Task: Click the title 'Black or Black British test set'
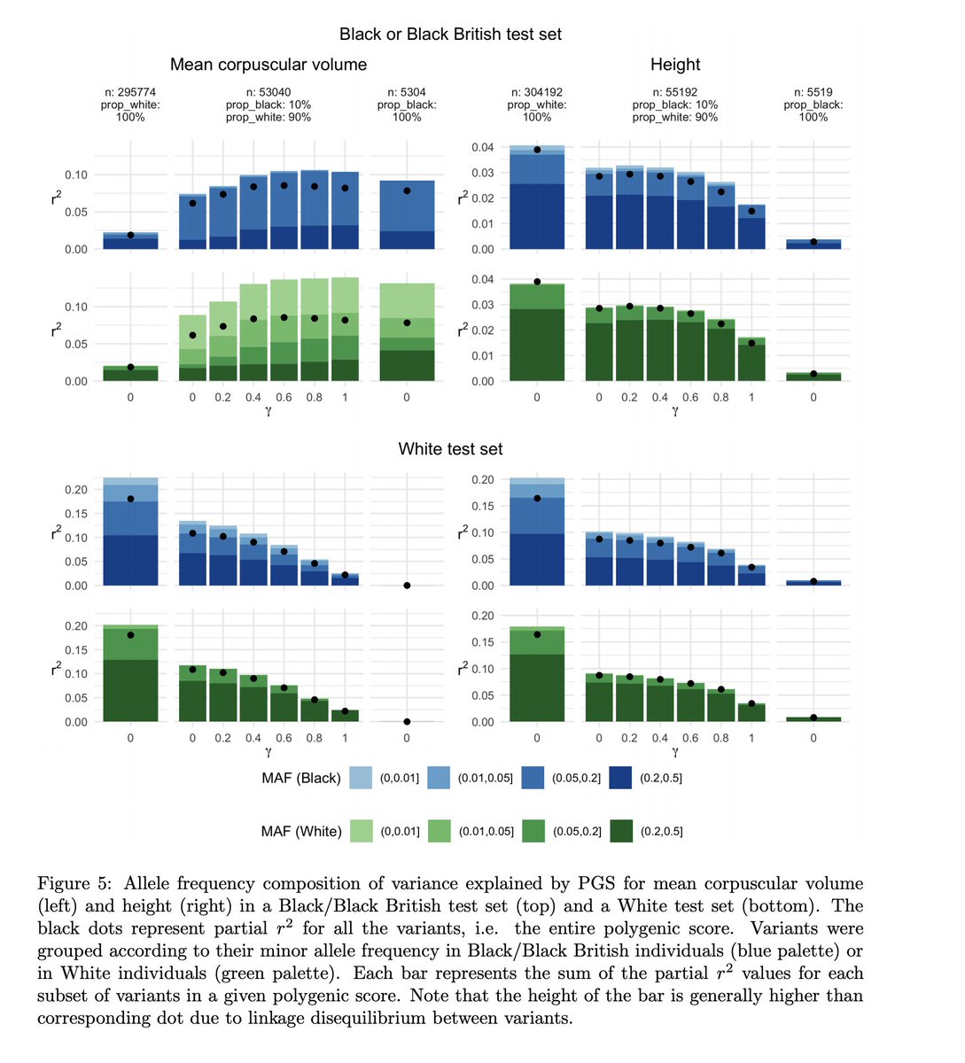point(450,35)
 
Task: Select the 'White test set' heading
point(450,449)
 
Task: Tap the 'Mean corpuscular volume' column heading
point(268,65)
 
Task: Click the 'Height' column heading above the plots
point(675,65)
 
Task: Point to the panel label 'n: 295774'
point(130,92)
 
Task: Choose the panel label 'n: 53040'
point(268,92)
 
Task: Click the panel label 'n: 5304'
point(407,92)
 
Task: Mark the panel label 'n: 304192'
point(537,92)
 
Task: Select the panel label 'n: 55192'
point(675,92)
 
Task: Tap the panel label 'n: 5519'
point(813,92)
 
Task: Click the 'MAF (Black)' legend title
point(301,778)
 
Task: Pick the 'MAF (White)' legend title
point(301,831)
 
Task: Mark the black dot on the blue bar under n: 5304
point(407,190)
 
